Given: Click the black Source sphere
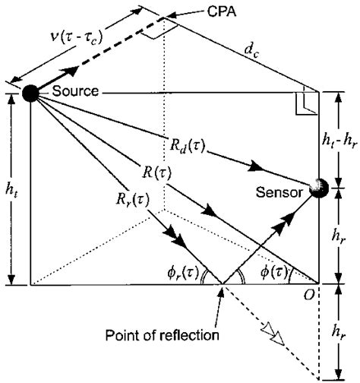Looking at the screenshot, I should [30, 93].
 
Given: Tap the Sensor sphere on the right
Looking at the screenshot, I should [317, 188].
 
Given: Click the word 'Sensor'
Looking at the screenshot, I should [282, 192].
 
